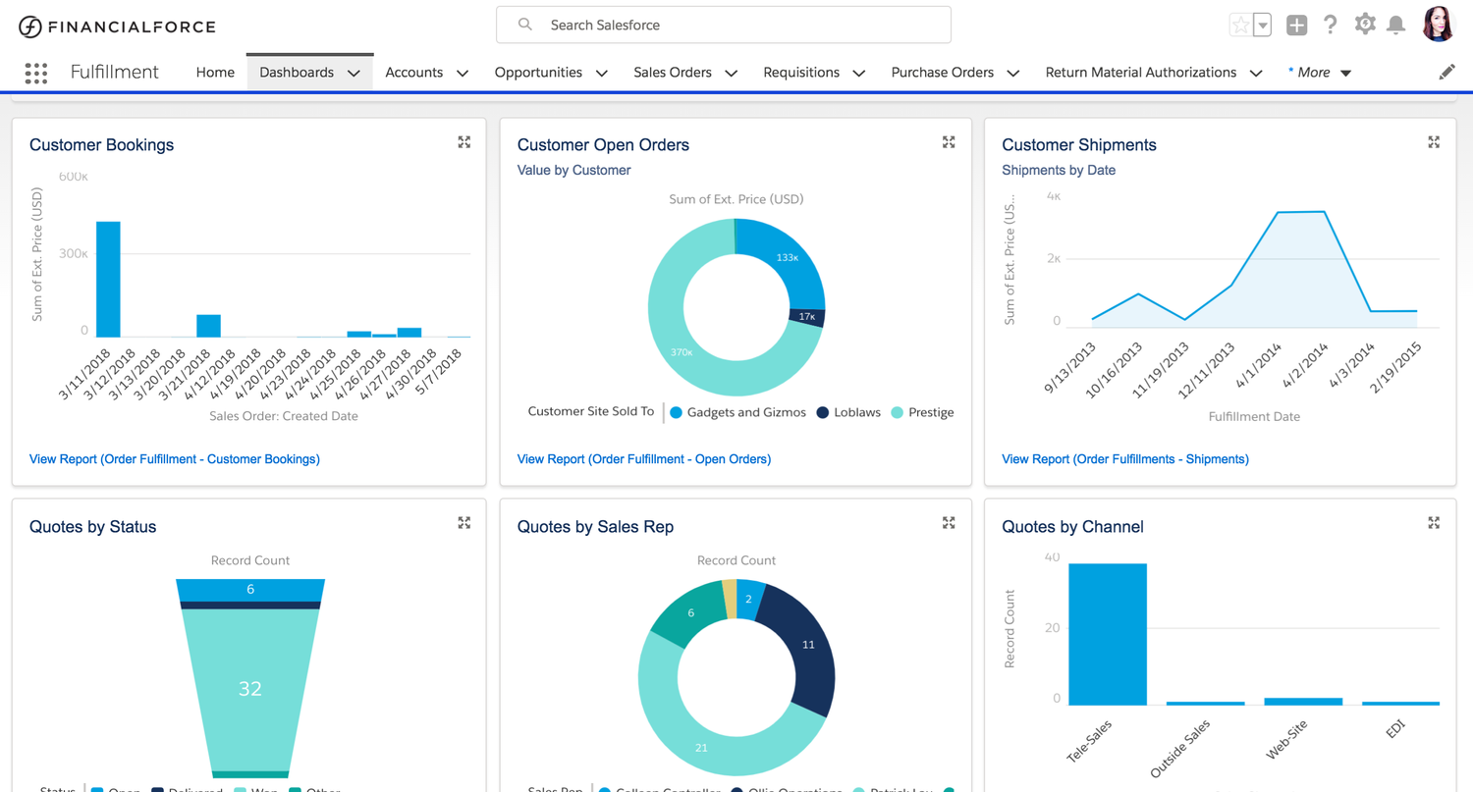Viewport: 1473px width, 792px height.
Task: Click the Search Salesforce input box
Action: point(723,26)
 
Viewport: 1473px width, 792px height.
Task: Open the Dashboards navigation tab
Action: point(297,73)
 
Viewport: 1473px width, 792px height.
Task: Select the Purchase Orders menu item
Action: point(942,73)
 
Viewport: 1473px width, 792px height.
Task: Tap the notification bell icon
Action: point(1395,26)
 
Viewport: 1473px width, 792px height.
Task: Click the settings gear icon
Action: point(1364,25)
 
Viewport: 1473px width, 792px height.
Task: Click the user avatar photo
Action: point(1438,25)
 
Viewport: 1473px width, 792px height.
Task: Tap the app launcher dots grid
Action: point(36,74)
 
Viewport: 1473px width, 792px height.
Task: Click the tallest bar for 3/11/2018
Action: point(108,280)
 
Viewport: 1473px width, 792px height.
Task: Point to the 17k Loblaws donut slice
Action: point(807,317)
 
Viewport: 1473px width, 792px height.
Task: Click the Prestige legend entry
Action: point(930,413)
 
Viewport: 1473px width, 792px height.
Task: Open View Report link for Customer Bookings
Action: point(175,459)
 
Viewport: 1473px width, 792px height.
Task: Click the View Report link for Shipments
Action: point(1125,459)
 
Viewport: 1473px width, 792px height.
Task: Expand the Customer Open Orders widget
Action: point(949,143)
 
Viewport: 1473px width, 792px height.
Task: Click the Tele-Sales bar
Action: point(1108,634)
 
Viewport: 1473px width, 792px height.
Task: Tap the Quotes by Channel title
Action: point(1072,527)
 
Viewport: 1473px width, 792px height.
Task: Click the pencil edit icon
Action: point(1446,73)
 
